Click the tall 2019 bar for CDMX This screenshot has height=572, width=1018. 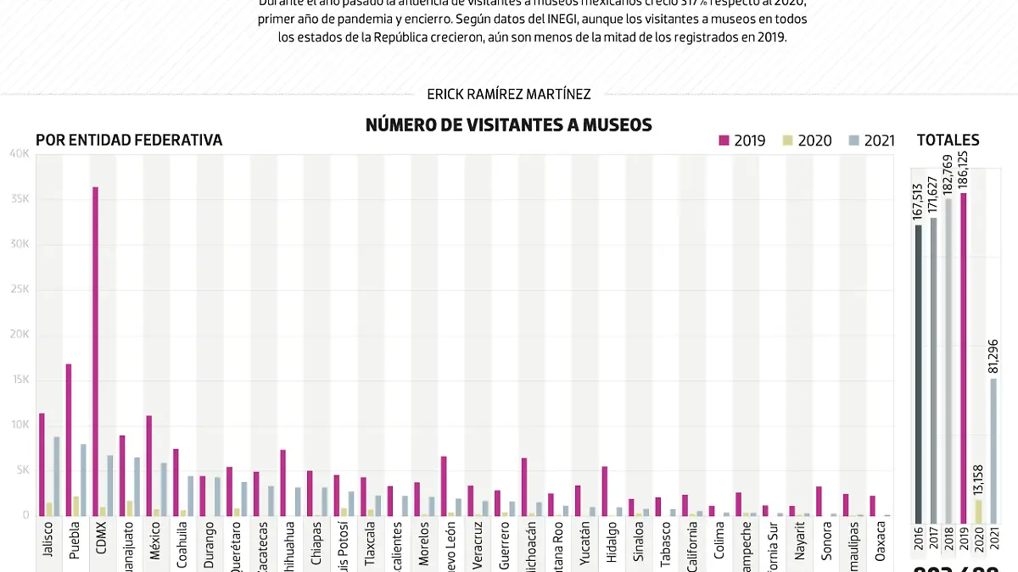pos(95,351)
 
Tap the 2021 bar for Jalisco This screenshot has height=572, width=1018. pos(57,475)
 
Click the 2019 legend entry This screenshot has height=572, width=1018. pos(741,141)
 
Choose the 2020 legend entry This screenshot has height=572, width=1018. pos(806,141)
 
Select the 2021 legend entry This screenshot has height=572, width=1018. pos(871,141)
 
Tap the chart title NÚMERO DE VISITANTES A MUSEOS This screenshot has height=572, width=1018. pos(508,125)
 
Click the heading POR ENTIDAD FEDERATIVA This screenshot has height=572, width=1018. pos(129,141)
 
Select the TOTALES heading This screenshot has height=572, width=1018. pos(948,141)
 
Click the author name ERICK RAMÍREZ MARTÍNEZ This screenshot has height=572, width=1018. pos(508,94)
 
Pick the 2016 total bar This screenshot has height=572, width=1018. pos(918,373)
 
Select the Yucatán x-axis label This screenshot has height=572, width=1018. pos(586,543)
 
